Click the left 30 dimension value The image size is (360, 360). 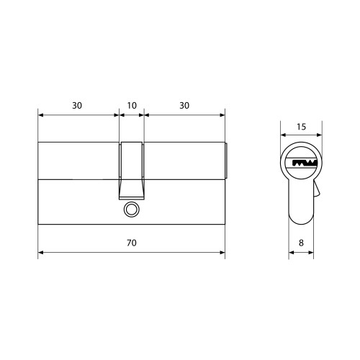77,106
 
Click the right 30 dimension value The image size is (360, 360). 184,106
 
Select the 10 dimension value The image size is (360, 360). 132,106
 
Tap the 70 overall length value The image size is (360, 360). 132,243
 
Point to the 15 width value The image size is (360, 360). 301,127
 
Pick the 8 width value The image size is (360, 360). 301,243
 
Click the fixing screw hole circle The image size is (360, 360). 131,210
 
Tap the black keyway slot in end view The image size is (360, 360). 305,163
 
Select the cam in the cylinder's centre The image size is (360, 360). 132,171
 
